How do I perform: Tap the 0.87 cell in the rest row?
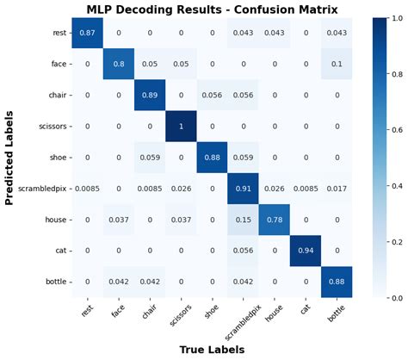[x=86, y=33]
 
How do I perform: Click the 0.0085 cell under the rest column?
[x=86, y=188]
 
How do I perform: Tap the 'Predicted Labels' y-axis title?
[x=10, y=157]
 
